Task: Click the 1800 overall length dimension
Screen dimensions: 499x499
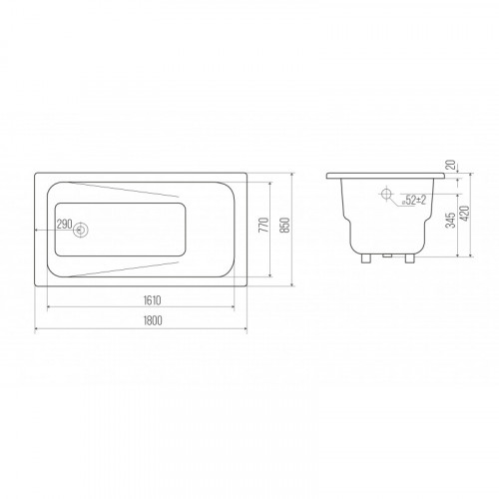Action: [x=153, y=320]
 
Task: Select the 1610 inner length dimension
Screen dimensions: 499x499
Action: [x=152, y=300]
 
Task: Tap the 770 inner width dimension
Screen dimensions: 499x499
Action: [x=263, y=225]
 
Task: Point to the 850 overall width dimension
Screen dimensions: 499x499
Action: [x=285, y=225]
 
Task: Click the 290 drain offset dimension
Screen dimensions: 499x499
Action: [x=64, y=225]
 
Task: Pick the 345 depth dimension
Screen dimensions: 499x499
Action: [x=450, y=220]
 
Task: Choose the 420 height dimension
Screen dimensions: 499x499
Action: [x=465, y=214]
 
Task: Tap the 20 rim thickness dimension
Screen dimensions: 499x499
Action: [x=451, y=165]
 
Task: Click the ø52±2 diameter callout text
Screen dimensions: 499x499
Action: [x=414, y=201]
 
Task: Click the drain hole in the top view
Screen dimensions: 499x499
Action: [x=80, y=230]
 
